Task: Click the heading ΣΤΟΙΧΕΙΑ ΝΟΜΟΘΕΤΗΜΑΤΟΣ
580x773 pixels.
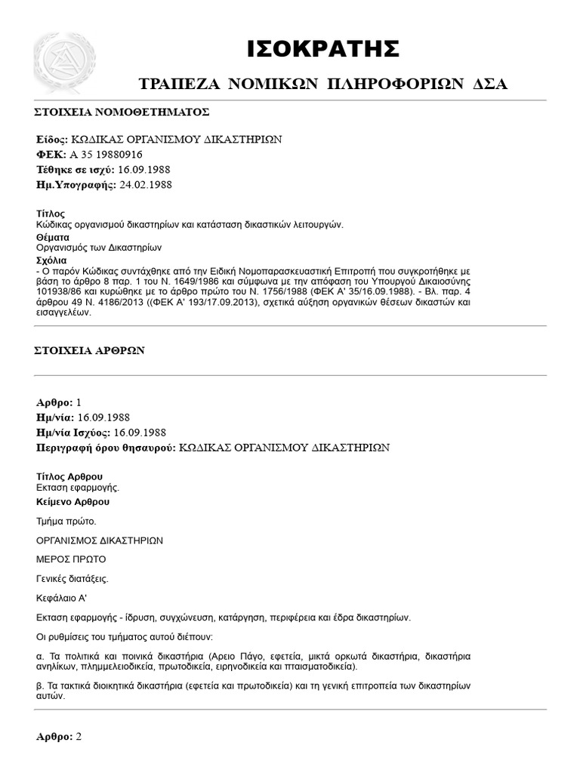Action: (122, 112)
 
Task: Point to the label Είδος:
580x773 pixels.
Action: (51, 140)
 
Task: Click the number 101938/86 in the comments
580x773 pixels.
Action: (60, 291)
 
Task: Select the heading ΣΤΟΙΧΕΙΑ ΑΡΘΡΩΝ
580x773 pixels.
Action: (91, 351)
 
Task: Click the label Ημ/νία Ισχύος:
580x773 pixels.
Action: (73, 432)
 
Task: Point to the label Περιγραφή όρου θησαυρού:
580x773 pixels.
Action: (106, 447)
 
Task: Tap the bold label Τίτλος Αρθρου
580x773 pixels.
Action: (69, 477)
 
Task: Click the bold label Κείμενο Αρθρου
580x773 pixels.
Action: (72, 501)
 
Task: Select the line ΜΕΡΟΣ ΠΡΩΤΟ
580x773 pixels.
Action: (71, 559)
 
